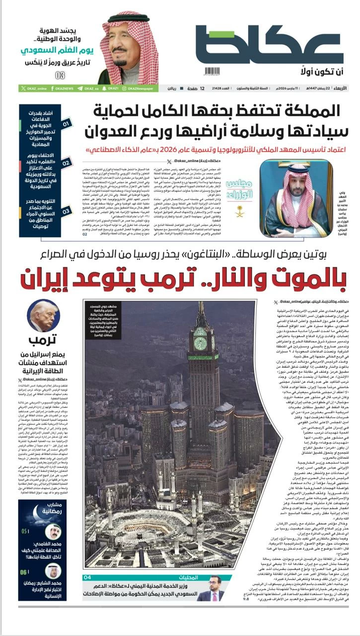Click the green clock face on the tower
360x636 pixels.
[x=201, y=343]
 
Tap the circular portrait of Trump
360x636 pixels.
[x=43, y=317]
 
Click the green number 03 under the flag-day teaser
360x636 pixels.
[x=60, y=76]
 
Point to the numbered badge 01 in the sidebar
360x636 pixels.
[x=67, y=122]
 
